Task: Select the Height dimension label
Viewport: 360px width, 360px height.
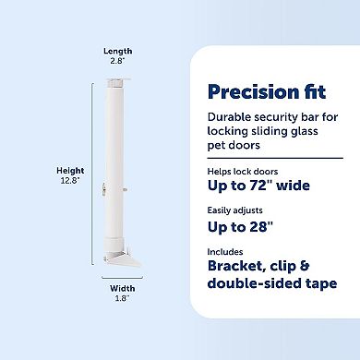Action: point(70,172)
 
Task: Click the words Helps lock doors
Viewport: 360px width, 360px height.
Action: point(241,172)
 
